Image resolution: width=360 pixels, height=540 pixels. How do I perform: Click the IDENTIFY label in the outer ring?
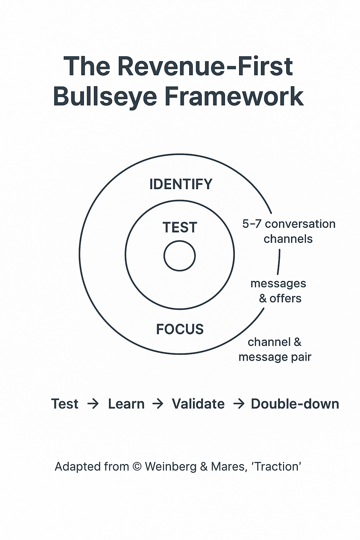pos(181,184)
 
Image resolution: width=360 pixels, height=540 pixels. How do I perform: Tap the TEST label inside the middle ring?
pos(180,227)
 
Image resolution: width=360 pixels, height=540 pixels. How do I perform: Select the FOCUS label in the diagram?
pos(180,329)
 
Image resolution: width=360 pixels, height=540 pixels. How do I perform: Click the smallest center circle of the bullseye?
pos(180,256)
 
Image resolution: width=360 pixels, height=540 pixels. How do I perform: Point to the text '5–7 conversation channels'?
pos(289,231)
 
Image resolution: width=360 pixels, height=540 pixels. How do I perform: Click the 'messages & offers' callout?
pos(278,291)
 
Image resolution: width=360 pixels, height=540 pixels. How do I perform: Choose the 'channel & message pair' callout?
pos(275,349)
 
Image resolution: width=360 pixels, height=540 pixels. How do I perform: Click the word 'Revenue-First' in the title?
pos(205,66)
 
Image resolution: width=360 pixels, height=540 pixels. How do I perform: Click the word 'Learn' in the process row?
pos(126,404)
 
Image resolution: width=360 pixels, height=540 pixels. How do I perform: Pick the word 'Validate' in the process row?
pos(198,404)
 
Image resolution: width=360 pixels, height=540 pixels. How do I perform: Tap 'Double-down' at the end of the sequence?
pos(295,404)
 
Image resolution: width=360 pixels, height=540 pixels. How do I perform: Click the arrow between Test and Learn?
pos(93,404)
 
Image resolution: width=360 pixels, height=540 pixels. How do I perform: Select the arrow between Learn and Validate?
pos(158,404)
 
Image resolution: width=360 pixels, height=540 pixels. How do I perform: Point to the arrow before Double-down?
pos(239,404)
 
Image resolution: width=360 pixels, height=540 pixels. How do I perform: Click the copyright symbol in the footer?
pos(137,467)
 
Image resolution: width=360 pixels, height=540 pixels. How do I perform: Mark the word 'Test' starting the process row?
pos(65,404)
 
